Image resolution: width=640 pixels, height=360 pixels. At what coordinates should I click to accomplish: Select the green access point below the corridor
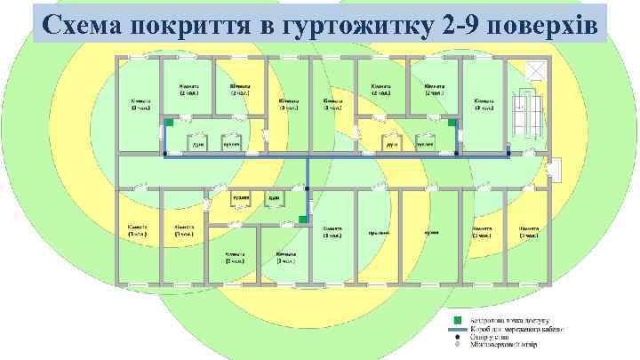(304, 218)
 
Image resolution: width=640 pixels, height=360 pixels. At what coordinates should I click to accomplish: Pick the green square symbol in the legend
(456, 319)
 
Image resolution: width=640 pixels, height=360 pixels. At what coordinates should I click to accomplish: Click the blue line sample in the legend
(456, 328)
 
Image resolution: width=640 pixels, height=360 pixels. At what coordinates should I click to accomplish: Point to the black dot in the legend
(456, 337)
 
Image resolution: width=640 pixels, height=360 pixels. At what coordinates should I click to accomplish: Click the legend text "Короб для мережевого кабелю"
(513, 328)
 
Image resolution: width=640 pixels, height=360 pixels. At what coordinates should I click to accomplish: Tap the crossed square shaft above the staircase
(534, 72)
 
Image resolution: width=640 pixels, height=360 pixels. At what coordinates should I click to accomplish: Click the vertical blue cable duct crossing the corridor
(308, 187)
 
